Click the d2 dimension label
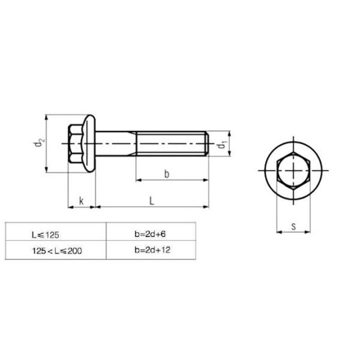(x=39, y=144)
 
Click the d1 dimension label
(x=223, y=145)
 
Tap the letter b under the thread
(x=167, y=173)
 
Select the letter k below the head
(x=82, y=201)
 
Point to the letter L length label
(x=152, y=201)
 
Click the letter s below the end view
(x=294, y=226)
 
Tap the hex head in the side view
(x=76, y=144)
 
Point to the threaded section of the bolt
(x=171, y=144)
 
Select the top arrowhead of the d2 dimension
(x=46, y=117)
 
